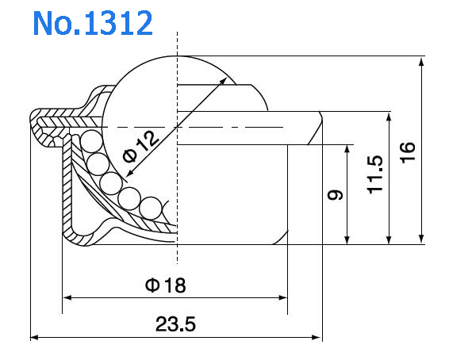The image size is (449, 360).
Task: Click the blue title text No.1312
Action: click(93, 23)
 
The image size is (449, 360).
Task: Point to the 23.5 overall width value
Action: click(176, 324)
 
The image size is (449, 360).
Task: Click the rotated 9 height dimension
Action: click(336, 193)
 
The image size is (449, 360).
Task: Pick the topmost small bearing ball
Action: click(89, 144)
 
